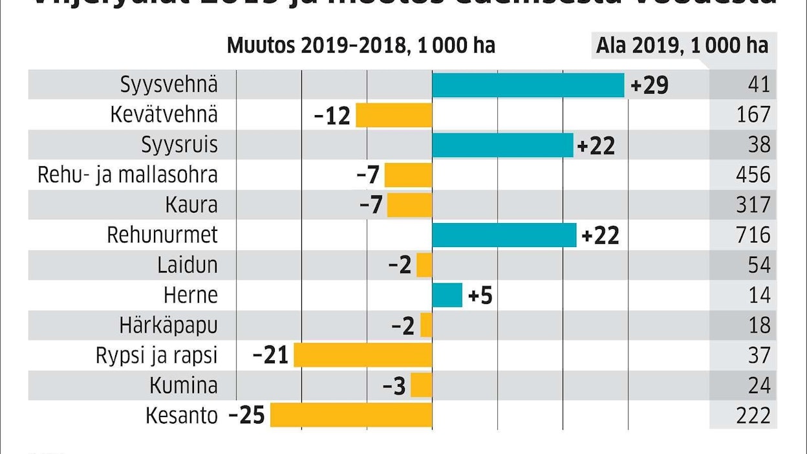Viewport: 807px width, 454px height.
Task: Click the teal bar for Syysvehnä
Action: click(528, 85)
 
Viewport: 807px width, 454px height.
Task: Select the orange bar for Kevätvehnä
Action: click(394, 115)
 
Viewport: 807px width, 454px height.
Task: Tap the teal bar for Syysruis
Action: click(502, 145)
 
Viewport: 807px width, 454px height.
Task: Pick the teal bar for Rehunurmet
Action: click(504, 235)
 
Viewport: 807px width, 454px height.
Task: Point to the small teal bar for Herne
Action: click(447, 296)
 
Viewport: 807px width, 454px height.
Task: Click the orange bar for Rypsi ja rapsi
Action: click(363, 355)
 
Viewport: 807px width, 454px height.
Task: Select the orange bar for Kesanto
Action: click(351, 415)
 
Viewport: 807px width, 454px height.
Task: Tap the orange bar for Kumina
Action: click(421, 385)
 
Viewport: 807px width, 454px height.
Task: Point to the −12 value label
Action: click(332, 116)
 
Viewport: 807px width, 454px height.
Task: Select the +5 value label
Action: click(480, 296)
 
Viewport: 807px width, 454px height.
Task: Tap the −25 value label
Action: click(247, 415)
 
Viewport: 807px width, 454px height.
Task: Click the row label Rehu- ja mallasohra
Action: click(127, 175)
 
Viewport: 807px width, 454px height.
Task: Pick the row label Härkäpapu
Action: click(168, 325)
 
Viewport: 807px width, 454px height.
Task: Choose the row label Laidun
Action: click(187, 265)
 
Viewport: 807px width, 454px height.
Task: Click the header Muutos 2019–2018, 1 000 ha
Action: click(361, 46)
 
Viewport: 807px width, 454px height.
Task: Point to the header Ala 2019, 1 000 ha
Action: click(682, 46)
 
